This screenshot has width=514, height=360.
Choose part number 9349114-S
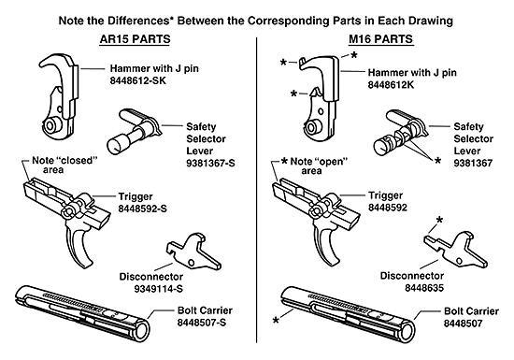(150, 289)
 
